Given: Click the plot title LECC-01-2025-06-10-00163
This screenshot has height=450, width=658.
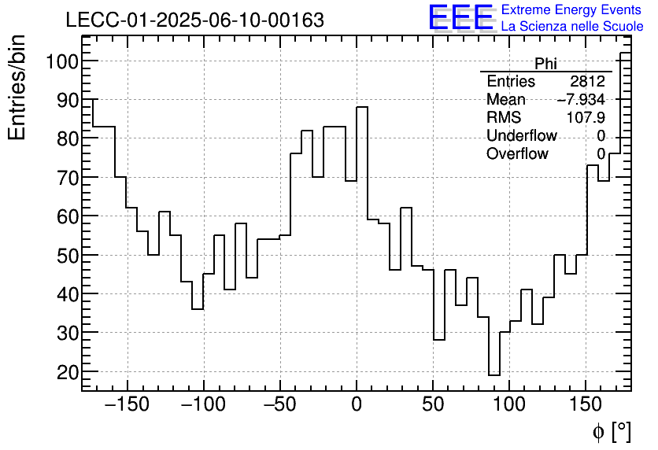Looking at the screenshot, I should [x=194, y=20].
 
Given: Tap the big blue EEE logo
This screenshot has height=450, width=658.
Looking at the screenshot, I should [x=461, y=17].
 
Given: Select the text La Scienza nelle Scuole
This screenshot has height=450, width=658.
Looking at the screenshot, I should [x=572, y=26].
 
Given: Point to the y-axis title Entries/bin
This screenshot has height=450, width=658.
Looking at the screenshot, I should [x=17, y=87].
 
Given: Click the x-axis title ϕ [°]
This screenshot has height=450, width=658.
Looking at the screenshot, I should [x=611, y=431].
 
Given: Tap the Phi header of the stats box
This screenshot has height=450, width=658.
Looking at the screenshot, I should [x=545, y=64].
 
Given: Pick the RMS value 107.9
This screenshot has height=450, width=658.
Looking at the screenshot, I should [x=586, y=118].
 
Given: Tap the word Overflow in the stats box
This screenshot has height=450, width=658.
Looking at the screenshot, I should [x=517, y=154].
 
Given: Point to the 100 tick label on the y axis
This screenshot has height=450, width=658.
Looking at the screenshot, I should [x=61, y=61].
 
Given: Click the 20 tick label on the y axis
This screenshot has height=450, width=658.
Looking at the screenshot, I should [x=65, y=371].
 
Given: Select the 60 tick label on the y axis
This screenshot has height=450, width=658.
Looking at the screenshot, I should [x=65, y=216].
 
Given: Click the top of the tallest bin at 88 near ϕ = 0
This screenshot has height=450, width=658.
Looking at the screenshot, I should [x=362, y=108].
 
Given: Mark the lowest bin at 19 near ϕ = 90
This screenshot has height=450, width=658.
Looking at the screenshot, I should [x=494, y=375].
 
